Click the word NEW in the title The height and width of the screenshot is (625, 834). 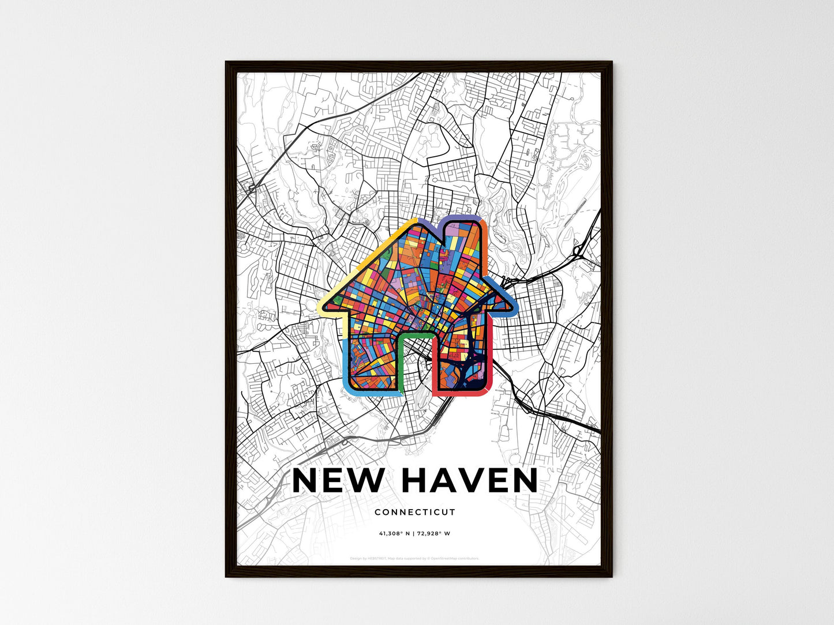click(x=337, y=481)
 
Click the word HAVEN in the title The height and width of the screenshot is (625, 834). click(x=469, y=481)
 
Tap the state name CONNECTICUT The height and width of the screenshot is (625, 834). click(x=415, y=512)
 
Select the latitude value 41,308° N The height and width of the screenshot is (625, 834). click(x=394, y=533)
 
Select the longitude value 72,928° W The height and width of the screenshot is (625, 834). click(x=434, y=533)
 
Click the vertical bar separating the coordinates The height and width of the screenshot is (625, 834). click(x=414, y=533)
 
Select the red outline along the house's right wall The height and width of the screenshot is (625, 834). click(x=489, y=357)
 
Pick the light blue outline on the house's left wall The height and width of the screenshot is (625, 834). click(x=345, y=363)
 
